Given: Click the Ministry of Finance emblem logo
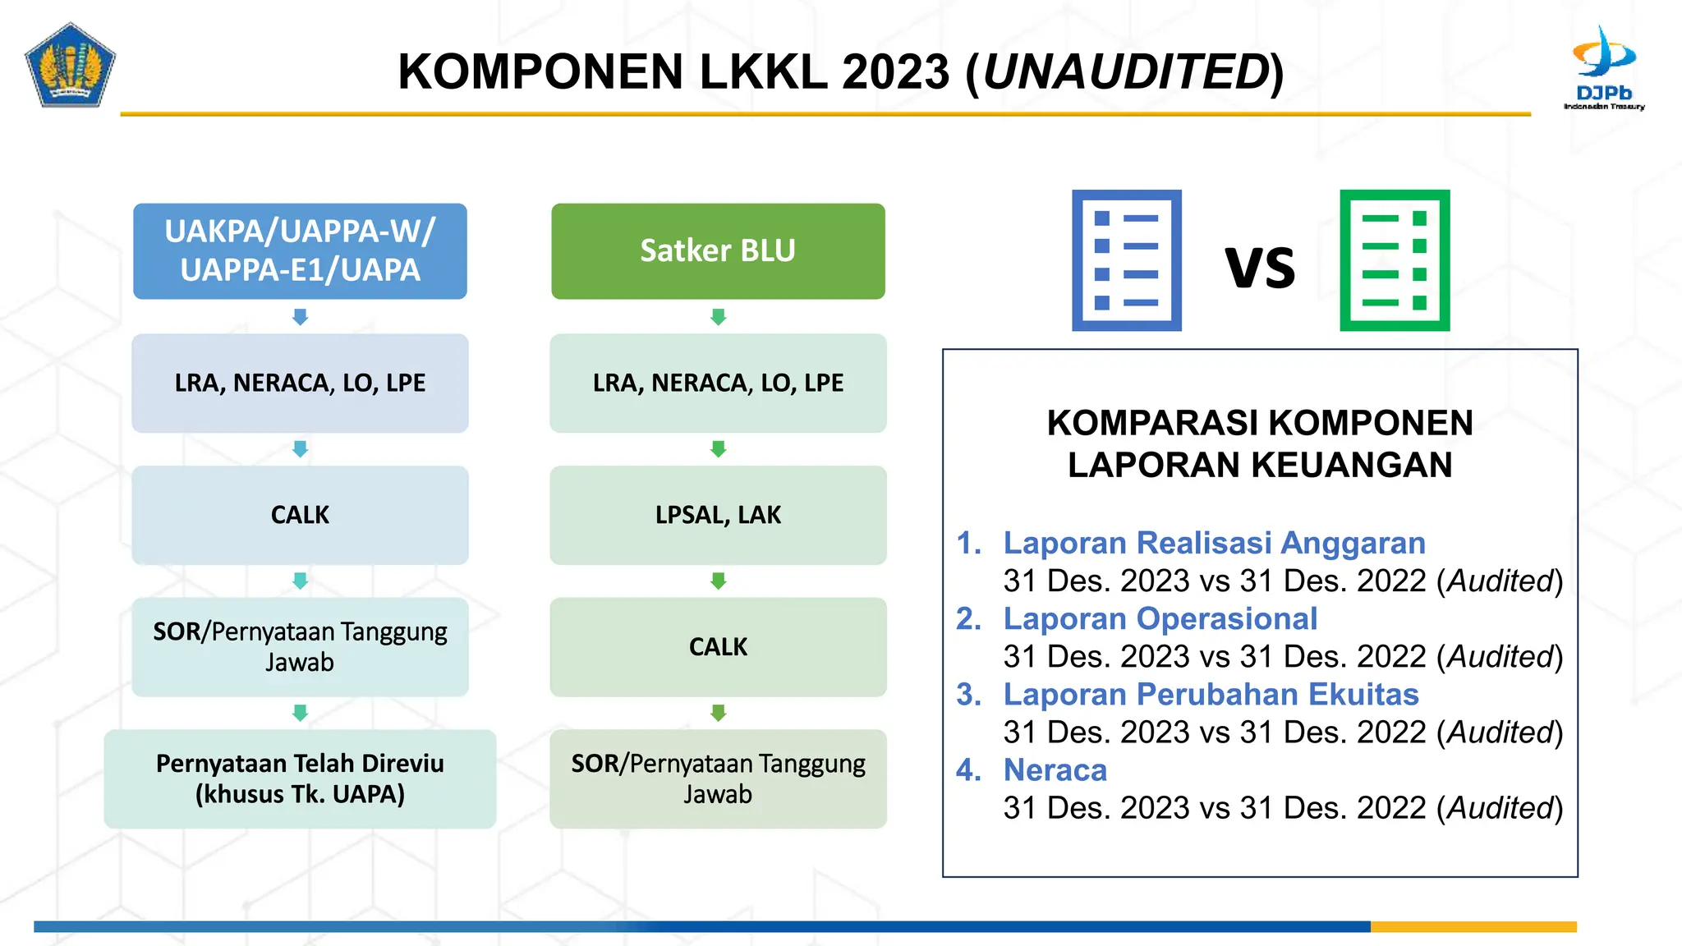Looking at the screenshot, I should [70, 66].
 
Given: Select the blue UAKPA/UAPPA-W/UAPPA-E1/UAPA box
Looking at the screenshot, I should [301, 251].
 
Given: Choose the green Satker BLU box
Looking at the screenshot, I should [718, 251].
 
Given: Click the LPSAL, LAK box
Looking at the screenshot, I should [718, 515].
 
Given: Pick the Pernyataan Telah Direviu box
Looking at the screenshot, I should [301, 778].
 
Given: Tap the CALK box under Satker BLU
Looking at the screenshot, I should [718, 647].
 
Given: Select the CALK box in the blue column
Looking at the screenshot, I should [301, 515].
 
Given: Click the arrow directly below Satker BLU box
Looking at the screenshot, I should [719, 317].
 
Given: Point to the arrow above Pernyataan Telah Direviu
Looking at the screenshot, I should [301, 713].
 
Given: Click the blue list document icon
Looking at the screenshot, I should [1127, 260].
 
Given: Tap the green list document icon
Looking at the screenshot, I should [1395, 260].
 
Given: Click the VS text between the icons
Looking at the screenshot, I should [1260, 268].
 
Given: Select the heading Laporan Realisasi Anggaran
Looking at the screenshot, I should [1214, 544].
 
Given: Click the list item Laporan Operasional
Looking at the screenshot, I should [1160, 619].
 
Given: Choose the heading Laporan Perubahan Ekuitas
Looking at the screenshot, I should [1211, 695].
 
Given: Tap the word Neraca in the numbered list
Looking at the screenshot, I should [1055, 770].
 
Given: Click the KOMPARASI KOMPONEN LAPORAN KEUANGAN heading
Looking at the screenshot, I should [1260, 444].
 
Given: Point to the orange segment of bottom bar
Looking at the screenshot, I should [1473, 927].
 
